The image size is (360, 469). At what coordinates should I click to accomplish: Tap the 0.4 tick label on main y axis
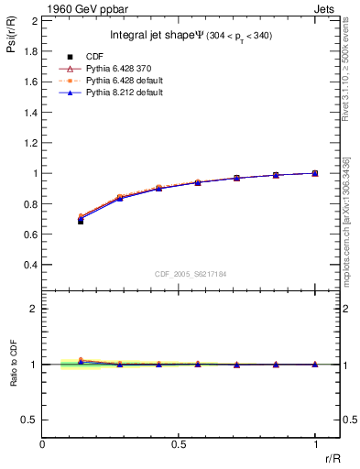(x=30, y=265)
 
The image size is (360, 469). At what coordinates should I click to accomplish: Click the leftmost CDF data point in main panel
(x=81, y=221)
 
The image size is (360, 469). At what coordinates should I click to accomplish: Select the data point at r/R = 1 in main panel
(x=314, y=172)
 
